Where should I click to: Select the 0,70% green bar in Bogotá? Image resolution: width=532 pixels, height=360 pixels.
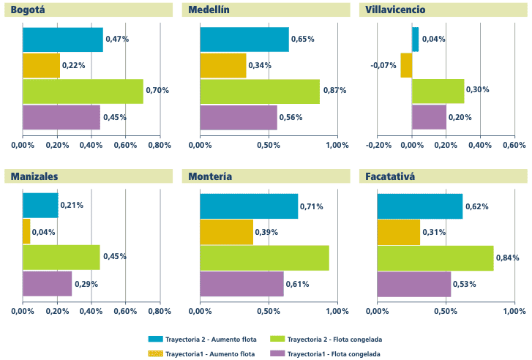(83, 91)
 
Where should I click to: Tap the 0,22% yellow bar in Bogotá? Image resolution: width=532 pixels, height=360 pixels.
(41, 66)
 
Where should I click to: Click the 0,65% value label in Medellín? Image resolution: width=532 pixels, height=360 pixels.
(302, 39)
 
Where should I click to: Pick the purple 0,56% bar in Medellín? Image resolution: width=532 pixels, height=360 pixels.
(239, 118)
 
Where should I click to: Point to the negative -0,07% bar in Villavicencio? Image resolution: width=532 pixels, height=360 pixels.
(406, 66)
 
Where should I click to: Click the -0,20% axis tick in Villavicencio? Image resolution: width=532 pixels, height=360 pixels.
(378, 145)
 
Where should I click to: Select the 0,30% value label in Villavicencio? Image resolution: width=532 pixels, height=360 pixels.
(478, 91)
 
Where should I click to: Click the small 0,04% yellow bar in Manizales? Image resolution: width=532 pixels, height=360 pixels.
(26, 232)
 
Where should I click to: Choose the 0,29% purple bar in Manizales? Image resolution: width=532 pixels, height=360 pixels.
(47, 284)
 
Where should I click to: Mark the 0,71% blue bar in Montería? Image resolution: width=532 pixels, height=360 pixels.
(249, 206)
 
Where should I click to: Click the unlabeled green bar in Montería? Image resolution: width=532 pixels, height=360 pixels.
(264, 258)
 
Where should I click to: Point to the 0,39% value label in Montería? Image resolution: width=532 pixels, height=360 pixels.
(266, 232)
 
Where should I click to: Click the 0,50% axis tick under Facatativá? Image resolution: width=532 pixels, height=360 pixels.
(446, 311)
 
